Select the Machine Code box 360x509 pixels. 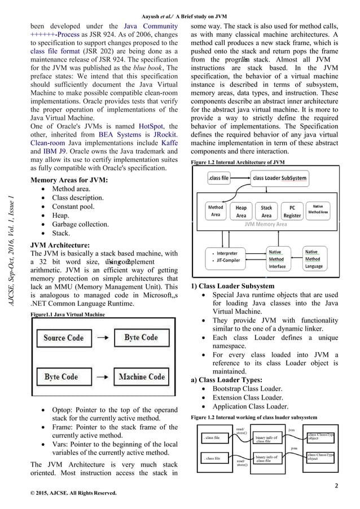point(141,376)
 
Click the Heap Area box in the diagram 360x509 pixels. point(241,211)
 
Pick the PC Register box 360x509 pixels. point(292,211)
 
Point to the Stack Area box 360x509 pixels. point(266,211)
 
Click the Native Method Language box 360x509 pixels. point(314,259)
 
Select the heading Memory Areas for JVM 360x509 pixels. point(69,180)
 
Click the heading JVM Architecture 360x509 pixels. point(59,245)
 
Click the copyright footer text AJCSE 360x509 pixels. point(74,493)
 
